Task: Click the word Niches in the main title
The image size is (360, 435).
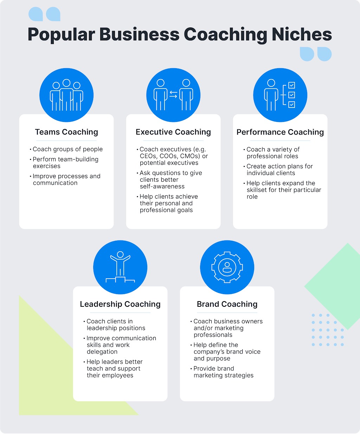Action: pos(302,34)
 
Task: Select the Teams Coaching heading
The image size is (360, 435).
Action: pos(66,132)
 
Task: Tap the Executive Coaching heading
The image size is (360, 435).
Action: pos(173,132)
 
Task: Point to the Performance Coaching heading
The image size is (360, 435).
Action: pos(280,132)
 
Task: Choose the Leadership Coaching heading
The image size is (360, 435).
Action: pos(120,304)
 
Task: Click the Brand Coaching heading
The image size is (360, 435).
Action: pos(227,304)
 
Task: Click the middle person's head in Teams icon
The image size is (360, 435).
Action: pos(66,83)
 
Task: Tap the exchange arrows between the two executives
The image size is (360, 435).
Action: pos(173,95)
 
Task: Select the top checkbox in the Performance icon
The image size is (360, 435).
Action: pos(292,85)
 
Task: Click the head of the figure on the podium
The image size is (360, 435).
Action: pos(120,254)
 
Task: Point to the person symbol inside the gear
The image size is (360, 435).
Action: pos(227,267)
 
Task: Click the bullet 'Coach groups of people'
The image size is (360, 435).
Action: pos(66,149)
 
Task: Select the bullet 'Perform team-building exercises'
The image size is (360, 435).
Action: pos(64,163)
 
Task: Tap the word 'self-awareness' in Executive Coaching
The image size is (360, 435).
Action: pos(162,187)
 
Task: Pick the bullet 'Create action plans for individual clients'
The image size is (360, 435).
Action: pos(278,170)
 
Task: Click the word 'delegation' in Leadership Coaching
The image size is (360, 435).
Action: pos(102,352)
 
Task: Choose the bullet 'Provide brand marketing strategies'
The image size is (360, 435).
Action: pos(222,372)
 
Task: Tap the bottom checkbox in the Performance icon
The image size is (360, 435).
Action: pos(292,105)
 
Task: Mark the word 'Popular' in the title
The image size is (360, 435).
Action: pos(62,34)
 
